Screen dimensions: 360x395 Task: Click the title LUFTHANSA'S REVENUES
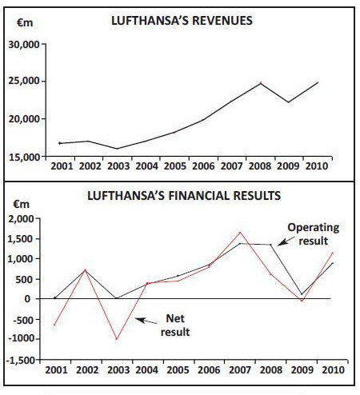click(x=182, y=21)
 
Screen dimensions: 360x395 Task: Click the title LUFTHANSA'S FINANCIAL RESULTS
click(x=184, y=196)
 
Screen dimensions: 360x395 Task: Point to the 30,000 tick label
click(x=24, y=44)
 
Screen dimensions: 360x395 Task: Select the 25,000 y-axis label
click(x=24, y=81)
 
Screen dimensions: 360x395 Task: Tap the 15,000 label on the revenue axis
click(x=24, y=157)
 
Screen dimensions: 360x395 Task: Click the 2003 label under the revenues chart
click(x=118, y=166)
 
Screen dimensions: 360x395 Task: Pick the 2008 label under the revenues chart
click(x=260, y=166)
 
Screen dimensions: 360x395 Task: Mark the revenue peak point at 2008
click(x=261, y=83)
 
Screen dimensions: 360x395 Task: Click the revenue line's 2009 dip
click(x=288, y=102)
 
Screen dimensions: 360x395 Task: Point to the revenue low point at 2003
click(x=117, y=149)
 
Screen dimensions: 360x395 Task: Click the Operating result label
click(x=314, y=234)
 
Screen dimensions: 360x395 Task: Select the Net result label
click(x=175, y=325)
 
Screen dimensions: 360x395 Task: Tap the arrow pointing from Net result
click(x=146, y=321)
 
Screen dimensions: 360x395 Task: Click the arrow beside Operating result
click(x=286, y=241)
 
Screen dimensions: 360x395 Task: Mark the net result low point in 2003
click(x=117, y=339)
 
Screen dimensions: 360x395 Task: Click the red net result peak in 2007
click(x=240, y=233)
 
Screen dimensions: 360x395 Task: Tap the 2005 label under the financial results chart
click(x=178, y=370)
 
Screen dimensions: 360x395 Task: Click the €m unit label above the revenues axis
click(x=25, y=22)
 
